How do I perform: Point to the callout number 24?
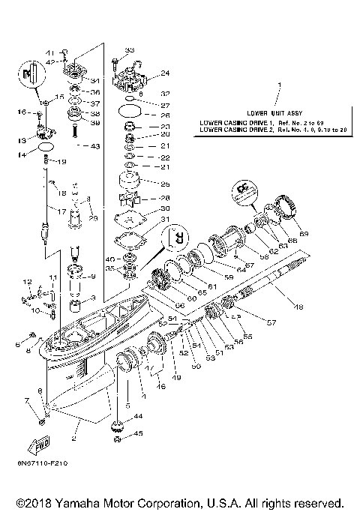coord(166,73)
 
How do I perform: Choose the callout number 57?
coord(271,323)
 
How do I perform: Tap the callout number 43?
coord(94,146)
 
